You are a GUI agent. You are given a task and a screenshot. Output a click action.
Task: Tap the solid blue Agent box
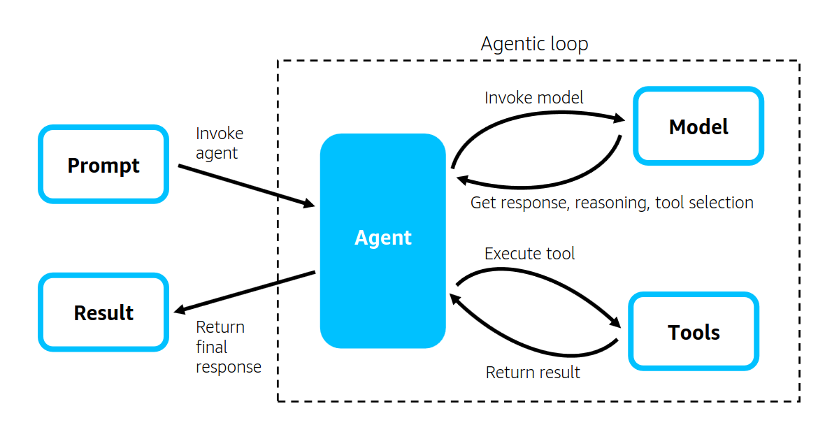click(x=383, y=241)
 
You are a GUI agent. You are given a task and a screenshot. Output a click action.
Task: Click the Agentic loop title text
click(x=534, y=44)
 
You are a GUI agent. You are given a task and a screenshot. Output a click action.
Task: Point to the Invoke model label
click(x=533, y=98)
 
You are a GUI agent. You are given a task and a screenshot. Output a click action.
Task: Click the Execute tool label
click(x=529, y=254)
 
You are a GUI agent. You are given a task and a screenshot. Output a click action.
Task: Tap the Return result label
click(x=533, y=373)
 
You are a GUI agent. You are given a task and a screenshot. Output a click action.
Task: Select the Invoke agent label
click(x=220, y=143)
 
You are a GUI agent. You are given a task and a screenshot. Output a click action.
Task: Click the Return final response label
click(x=229, y=347)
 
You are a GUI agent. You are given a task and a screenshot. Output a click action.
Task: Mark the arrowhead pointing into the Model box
click(x=619, y=118)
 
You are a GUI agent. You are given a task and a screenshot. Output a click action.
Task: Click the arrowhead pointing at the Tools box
click(x=615, y=322)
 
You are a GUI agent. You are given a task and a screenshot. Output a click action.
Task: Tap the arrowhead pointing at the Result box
click(x=180, y=310)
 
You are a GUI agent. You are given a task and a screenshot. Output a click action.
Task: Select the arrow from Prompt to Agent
click(x=246, y=186)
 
